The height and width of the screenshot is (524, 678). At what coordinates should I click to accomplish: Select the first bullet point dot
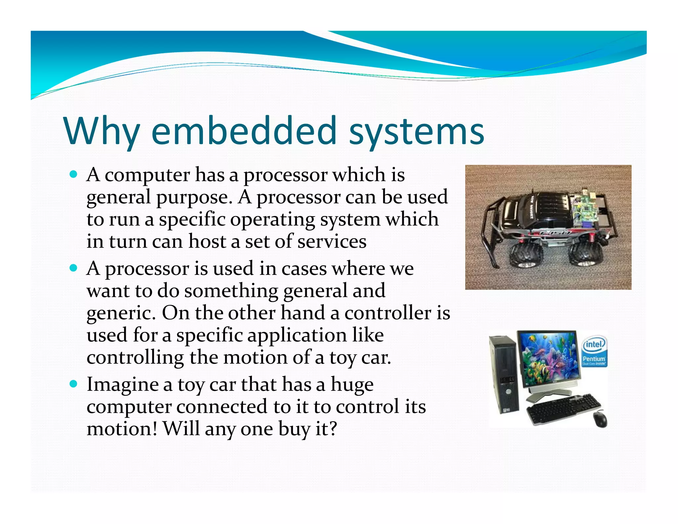tap(73, 174)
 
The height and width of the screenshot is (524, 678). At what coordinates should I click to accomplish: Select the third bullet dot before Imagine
tap(73, 384)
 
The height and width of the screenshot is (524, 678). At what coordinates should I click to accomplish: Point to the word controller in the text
tap(388, 313)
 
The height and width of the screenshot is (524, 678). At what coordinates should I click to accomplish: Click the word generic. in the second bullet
tap(121, 313)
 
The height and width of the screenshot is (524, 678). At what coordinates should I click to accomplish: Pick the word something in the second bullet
tap(231, 291)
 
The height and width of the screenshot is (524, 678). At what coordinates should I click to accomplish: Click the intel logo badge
tap(594, 344)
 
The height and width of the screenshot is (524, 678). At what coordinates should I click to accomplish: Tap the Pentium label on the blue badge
tap(594, 359)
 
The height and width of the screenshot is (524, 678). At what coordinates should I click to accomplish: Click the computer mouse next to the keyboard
tap(600, 419)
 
